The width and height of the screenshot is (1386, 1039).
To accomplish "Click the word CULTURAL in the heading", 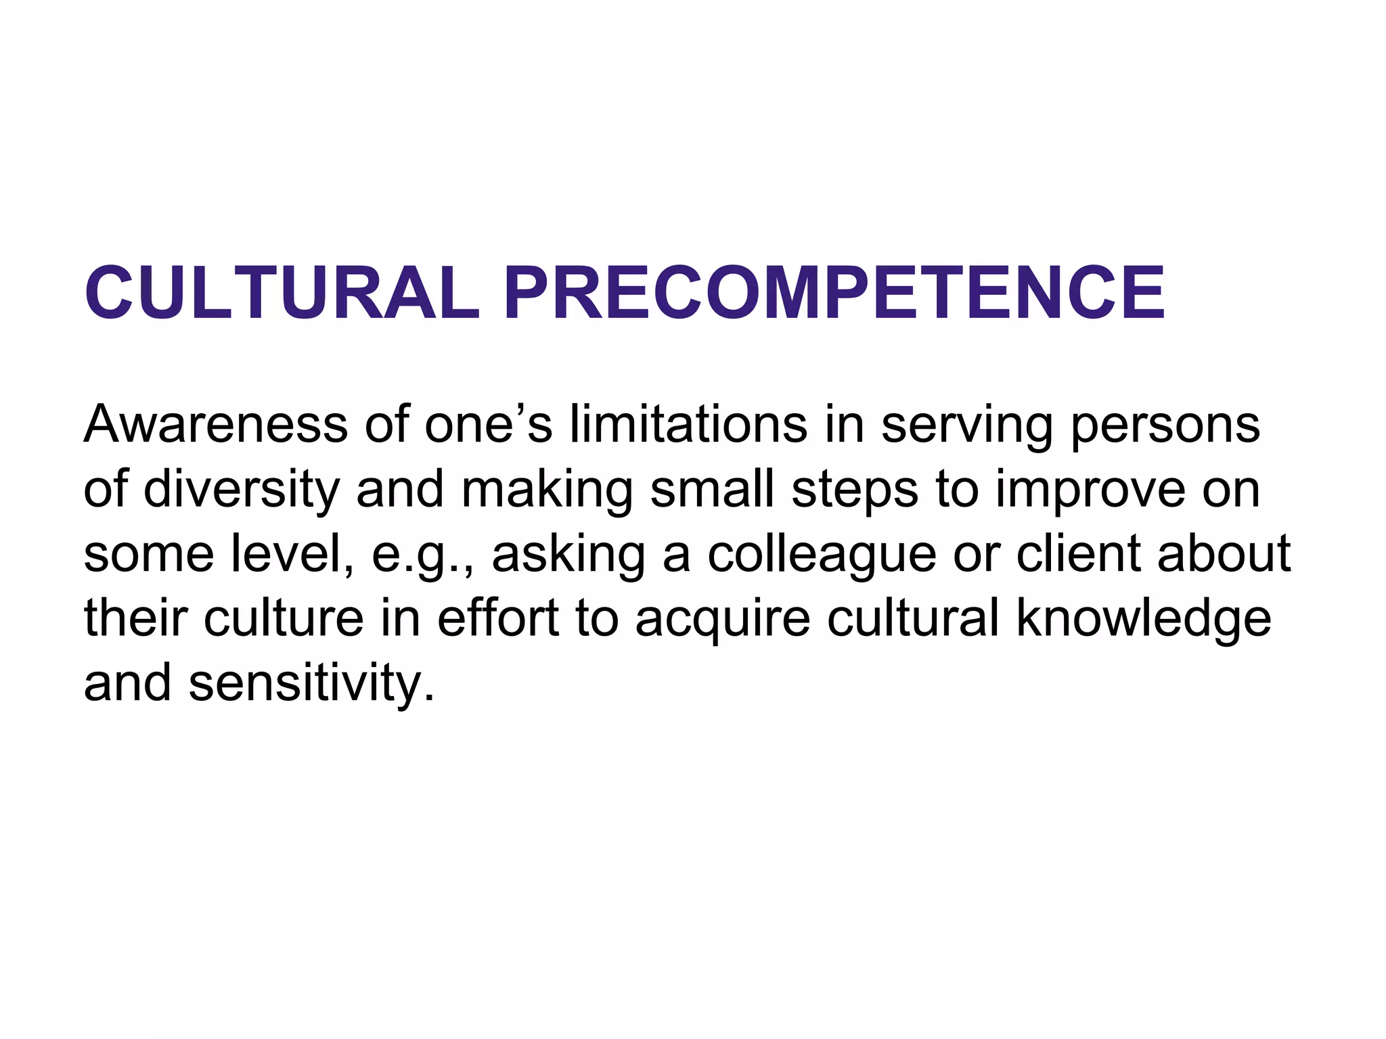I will coord(282,293).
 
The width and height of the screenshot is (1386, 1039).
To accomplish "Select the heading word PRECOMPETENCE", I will coord(834,293).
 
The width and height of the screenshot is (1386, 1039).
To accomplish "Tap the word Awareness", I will coord(216,424).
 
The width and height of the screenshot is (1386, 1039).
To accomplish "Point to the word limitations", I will coord(688,424).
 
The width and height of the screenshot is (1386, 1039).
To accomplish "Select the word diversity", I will coord(241,490).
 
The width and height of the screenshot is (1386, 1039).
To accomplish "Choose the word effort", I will coord(498,618).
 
